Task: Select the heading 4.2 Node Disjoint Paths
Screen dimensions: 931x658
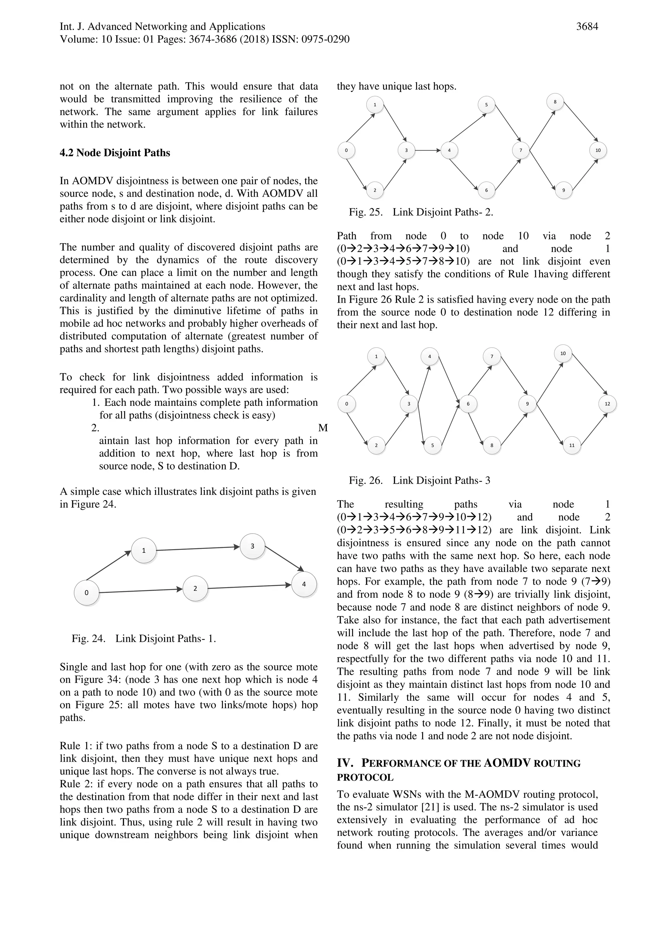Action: [x=115, y=153]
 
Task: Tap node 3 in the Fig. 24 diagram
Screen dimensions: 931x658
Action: [x=252, y=546]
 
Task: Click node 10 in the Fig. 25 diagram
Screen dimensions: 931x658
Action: [x=598, y=150]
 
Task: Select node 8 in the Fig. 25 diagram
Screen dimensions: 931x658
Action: [x=555, y=102]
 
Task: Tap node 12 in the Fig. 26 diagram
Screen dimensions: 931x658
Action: [x=607, y=404]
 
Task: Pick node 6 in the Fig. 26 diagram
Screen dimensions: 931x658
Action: [x=468, y=404]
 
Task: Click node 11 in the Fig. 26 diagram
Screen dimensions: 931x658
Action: [x=572, y=445]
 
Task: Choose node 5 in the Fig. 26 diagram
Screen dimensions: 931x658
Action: [x=432, y=445]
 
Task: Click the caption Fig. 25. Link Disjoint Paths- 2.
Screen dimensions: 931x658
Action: [x=421, y=212]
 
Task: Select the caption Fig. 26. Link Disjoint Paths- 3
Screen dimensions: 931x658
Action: [x=419, y=480]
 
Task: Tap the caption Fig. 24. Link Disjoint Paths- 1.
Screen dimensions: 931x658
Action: [x=144, y=639]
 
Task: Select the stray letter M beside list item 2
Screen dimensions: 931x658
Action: [x=323, y=428]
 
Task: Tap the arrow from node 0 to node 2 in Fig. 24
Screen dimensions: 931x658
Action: [x=140, y=591]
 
